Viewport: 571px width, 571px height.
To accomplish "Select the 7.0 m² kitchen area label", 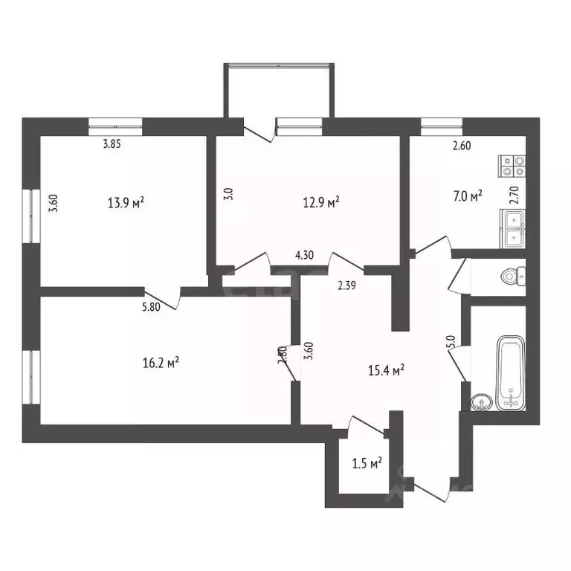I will (467, 196).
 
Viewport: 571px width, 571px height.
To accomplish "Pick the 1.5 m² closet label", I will (367, 464).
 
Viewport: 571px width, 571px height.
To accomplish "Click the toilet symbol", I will (512, 277).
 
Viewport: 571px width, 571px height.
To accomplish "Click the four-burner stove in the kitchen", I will (512, 165).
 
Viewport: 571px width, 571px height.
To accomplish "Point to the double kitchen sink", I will (513, 228).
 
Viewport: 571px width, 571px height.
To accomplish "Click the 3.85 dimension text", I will (112, 145).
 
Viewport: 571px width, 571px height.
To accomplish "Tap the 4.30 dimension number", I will (303, 256).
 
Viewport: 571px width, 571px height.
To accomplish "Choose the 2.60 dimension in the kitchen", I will (462, 146).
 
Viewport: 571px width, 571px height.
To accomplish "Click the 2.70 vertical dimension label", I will (512, 196).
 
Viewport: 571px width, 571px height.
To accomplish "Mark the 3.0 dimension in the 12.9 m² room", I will (229, 195).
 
